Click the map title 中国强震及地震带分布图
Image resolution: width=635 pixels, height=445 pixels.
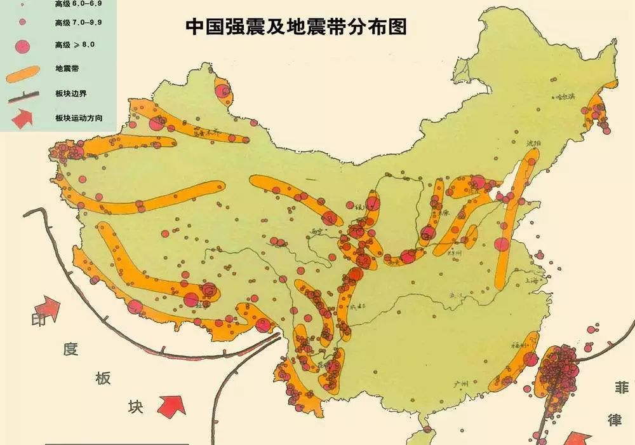coord(296,27)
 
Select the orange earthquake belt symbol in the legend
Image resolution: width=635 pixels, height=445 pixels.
coord(27,72)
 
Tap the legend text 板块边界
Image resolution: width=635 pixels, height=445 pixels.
coord(70,93)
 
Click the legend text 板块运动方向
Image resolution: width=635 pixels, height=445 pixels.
coord(79,118)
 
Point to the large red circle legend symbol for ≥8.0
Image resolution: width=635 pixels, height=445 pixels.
coord(22,46)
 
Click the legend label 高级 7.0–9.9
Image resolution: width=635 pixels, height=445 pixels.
coord(78,23)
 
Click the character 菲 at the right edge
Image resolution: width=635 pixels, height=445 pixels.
coord(621,388)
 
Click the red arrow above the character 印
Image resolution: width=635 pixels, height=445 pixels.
coord(51,308)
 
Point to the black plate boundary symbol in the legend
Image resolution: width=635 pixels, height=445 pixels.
coord(25,97)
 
